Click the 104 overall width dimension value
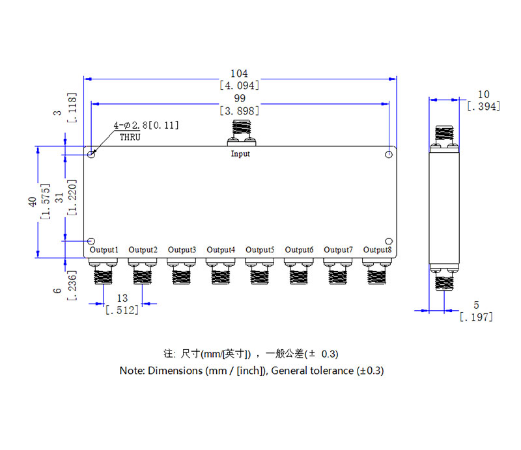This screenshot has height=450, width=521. point(240,74)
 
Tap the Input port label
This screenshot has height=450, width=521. point(240,154)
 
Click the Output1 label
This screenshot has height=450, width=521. point(104,250)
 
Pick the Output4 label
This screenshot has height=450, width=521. point(221,250)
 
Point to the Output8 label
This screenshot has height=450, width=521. point(378,250)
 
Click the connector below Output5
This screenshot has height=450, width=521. point(260,272)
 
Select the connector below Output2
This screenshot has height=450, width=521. point(143,272)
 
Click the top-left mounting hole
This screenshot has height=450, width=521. point(92,154)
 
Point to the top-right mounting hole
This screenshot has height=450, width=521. point(389,154)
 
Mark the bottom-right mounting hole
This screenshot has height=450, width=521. point(389,241)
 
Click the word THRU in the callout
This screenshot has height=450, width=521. point(130,137)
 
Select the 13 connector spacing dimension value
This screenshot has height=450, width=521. point(122,298)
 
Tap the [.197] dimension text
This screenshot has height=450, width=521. point(476,317)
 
